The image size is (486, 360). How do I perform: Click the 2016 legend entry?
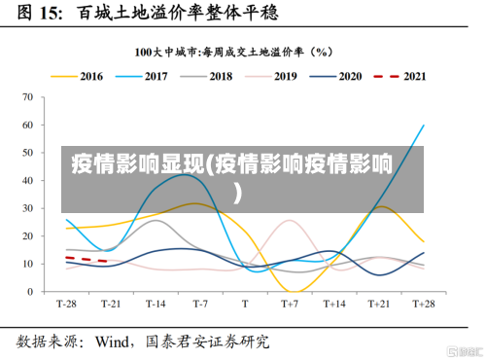pyautogui.click(x=77, y=76)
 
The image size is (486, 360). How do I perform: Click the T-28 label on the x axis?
pyautogui.click(x=66, y=304)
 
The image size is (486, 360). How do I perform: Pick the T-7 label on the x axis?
pyautogui.click(x=200, y=304)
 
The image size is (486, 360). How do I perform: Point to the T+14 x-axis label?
pyautogui.click(x=333, y=304)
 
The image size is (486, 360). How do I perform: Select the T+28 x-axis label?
pyautogui.click(x=423, y=304)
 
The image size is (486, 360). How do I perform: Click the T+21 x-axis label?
pyautogui.click(x=378, y=304)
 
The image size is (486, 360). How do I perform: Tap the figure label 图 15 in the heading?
pyautogui.click(x=39, y=14)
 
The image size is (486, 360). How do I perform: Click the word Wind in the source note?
pyautogui.click(x=116, y=342)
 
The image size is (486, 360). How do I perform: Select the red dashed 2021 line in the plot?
pyautogui.click(x=86, y=260)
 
